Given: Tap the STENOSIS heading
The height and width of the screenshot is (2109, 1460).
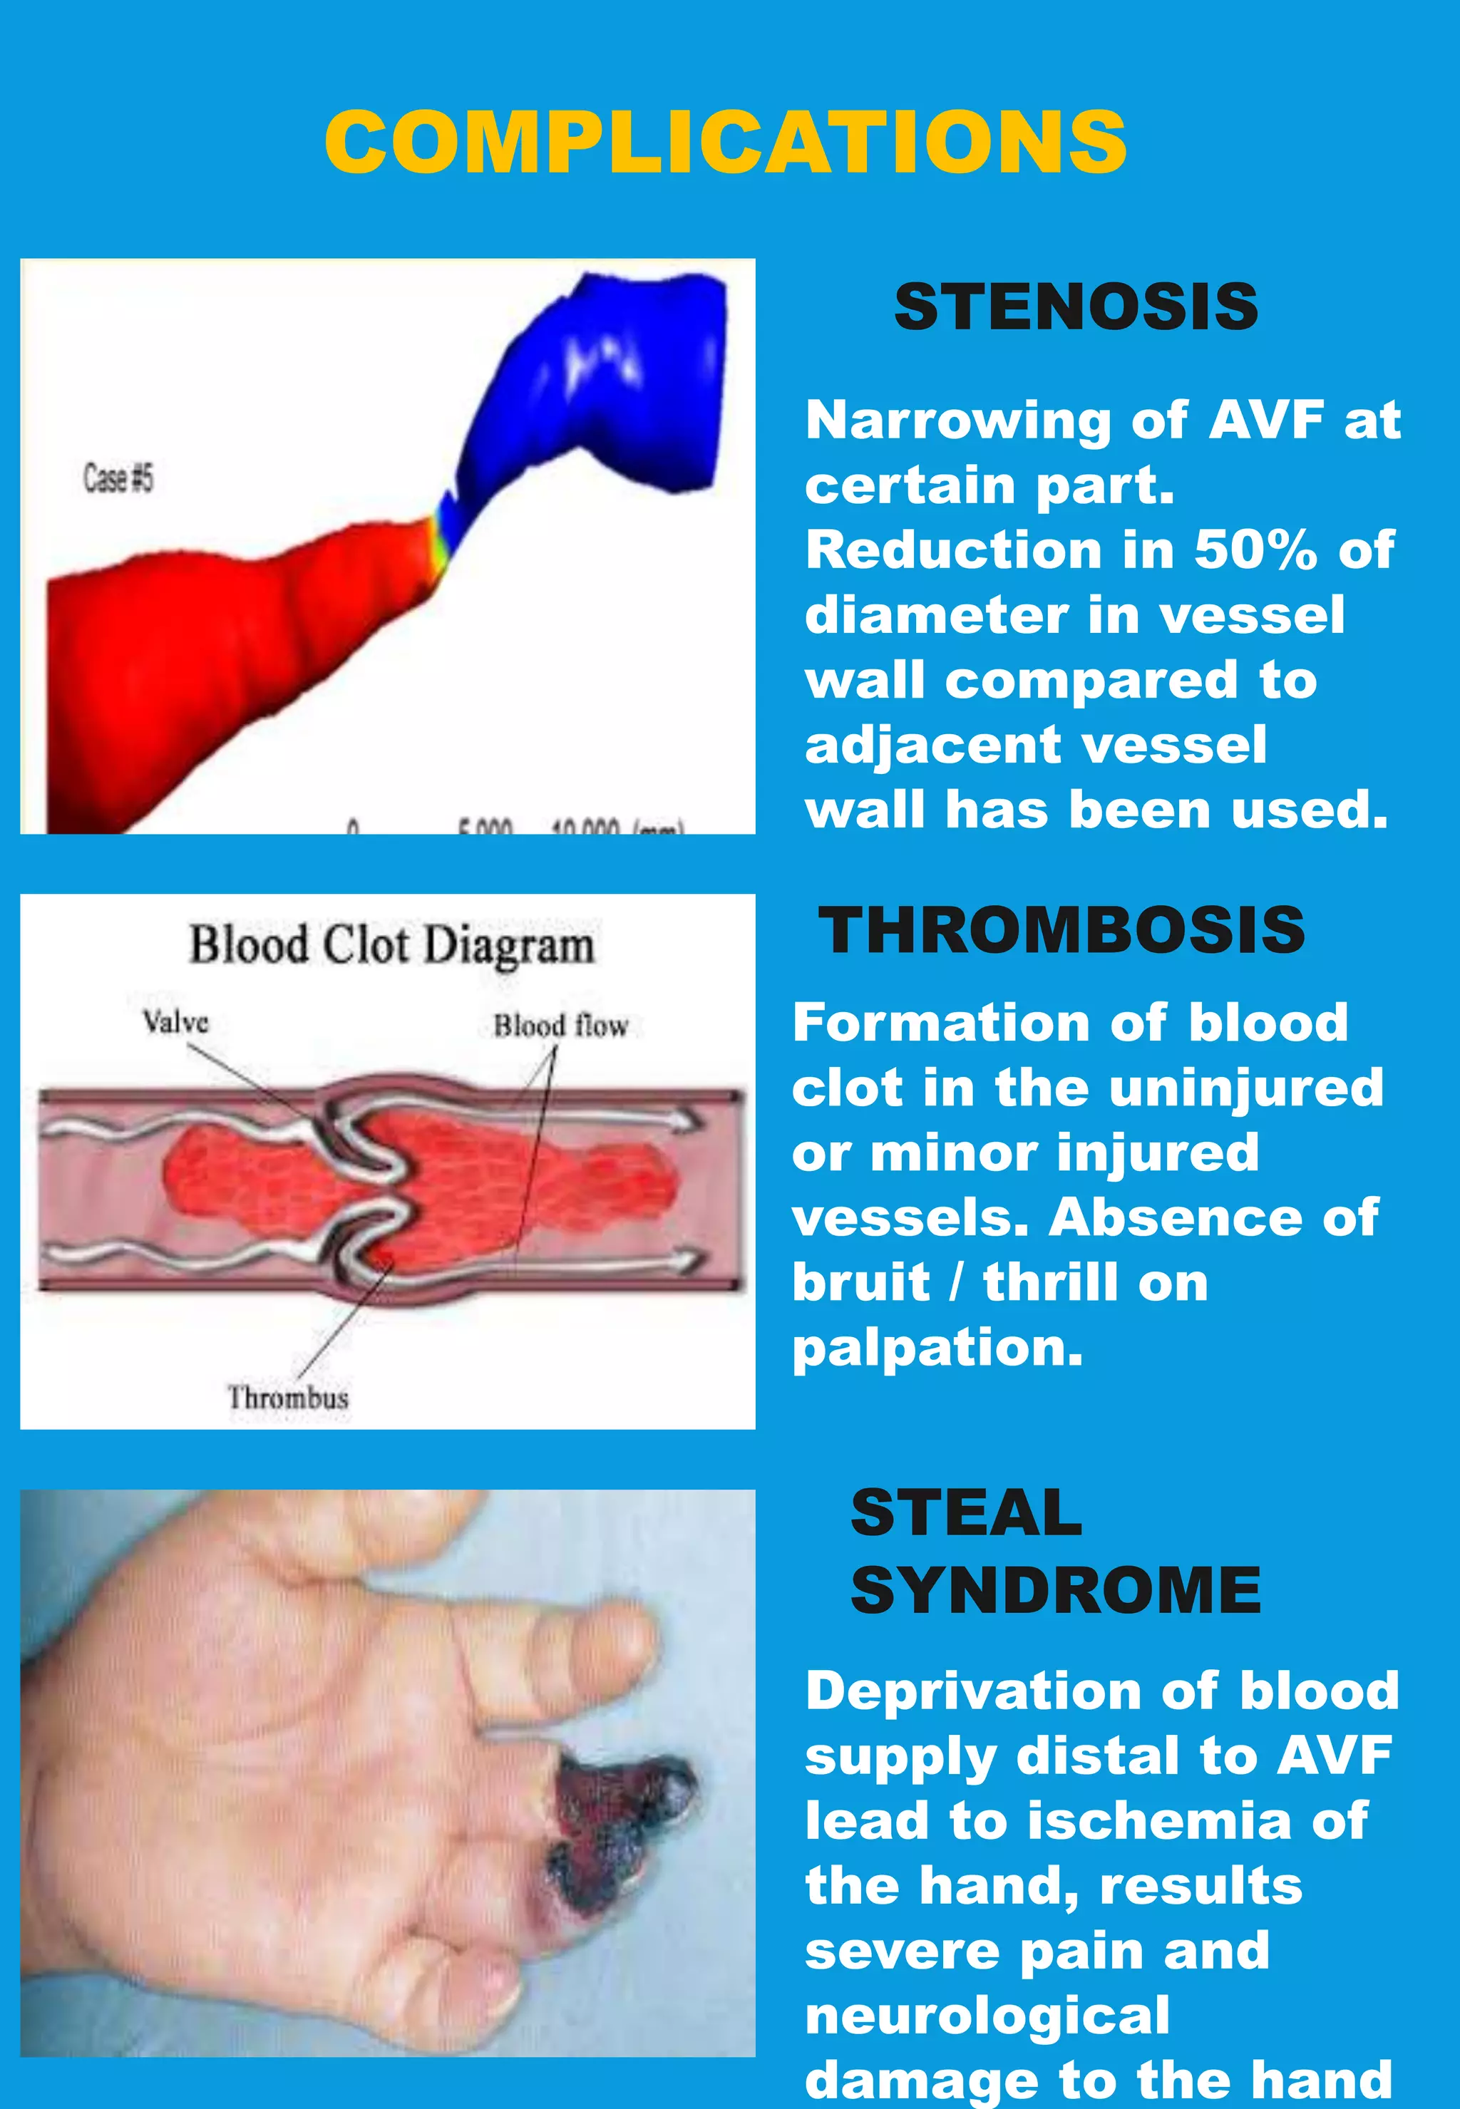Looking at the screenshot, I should click(1076, 307).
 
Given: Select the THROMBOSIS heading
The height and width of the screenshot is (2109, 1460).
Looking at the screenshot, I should click(1061, 931).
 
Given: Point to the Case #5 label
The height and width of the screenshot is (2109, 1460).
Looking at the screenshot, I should click(118, 478).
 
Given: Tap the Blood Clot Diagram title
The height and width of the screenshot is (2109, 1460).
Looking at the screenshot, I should click(391, 945).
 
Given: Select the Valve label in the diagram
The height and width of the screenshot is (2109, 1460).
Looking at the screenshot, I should click(175, 1021).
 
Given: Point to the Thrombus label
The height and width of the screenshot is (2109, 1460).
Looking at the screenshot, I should click(288, 1398).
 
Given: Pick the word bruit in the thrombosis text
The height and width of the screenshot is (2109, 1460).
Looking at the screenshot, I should click(860, 1282).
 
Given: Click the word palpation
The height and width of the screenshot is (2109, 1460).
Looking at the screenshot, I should click(937, 1347).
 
